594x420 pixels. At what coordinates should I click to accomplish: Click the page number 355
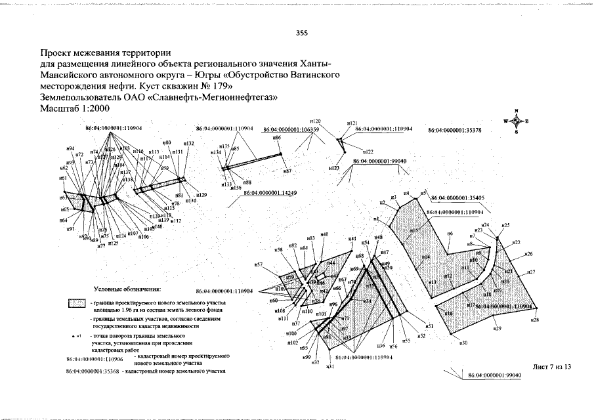pyautogui.click(x=302, y=33)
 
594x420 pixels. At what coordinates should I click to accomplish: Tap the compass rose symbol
pyautogui.click(x=517, y=121)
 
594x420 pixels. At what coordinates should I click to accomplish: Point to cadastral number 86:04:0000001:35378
pyautogui.click(x=455, y=131)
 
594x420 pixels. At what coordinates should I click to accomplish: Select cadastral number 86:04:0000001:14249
pyautogui.click(x=270, y=192)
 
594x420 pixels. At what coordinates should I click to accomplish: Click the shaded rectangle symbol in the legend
pyautogui.click(x=77, y=304)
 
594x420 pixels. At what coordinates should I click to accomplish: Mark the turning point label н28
pyautogui.click(x=535, y=320)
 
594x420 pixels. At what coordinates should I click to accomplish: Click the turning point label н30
pyautogui.click(x=463, y=343)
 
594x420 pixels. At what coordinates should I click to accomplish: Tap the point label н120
pyautogui.click(x=315, y=121)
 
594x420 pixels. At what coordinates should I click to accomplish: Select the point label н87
pyautogui.click(x=287, y=171)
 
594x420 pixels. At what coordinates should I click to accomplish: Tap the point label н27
pyautogui.click(x=531, y=272)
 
